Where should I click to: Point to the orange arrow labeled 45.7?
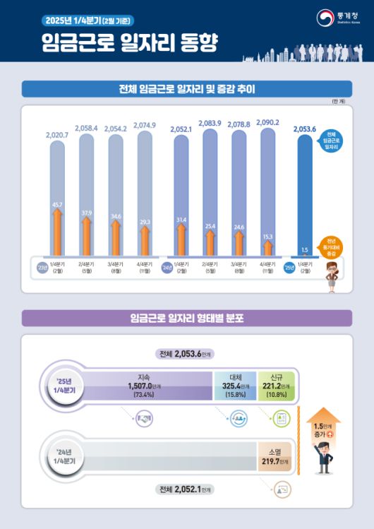point(57,226)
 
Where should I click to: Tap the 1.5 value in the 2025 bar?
point(304,249)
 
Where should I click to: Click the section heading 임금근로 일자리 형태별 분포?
point(187,318)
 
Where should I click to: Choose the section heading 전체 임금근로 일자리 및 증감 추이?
point(187,89)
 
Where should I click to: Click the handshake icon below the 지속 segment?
point(145,420)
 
